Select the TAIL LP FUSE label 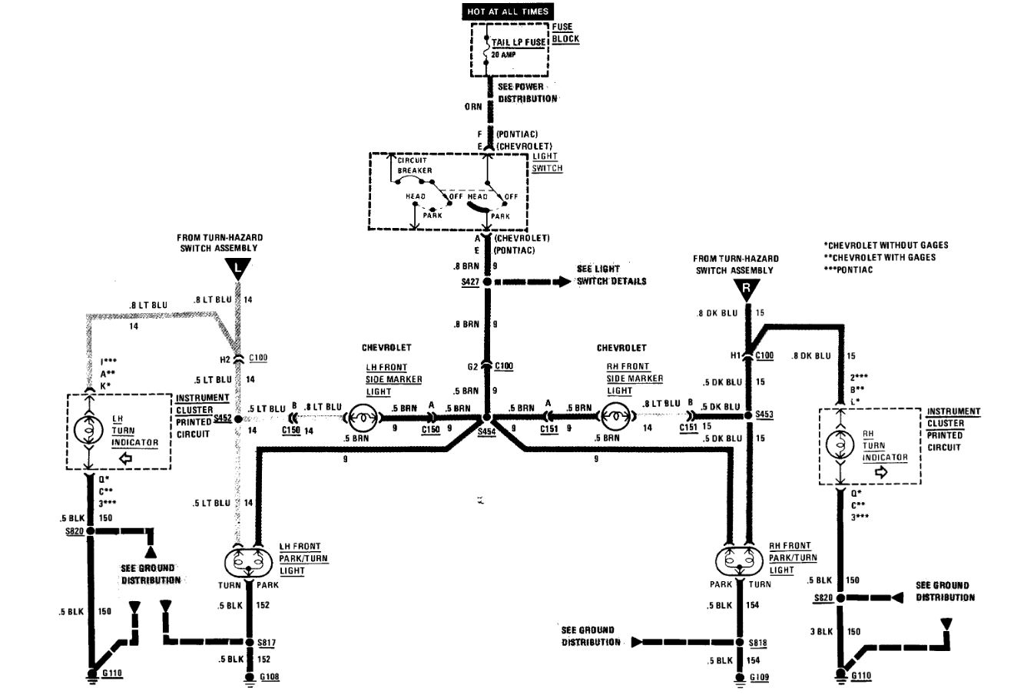[519, 43]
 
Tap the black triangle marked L [238, 268]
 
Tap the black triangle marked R [745, 289]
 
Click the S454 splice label [486, 432]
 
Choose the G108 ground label [270, 677]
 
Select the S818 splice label [757, 642]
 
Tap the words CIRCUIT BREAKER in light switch [415, 165]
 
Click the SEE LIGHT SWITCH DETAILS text [611, 276]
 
